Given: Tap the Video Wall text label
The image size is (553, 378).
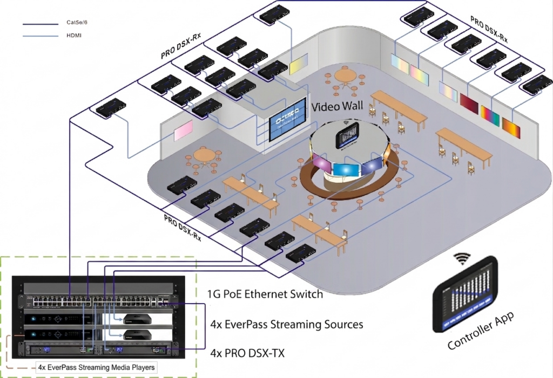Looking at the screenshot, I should [338, 106].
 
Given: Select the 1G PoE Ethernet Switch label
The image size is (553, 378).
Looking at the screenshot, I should [265, 294].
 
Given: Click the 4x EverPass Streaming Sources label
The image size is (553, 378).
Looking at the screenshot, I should [286, 324].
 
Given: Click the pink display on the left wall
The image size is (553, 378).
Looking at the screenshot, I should [183, 130].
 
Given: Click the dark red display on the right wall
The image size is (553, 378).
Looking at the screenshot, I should [469, 103].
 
